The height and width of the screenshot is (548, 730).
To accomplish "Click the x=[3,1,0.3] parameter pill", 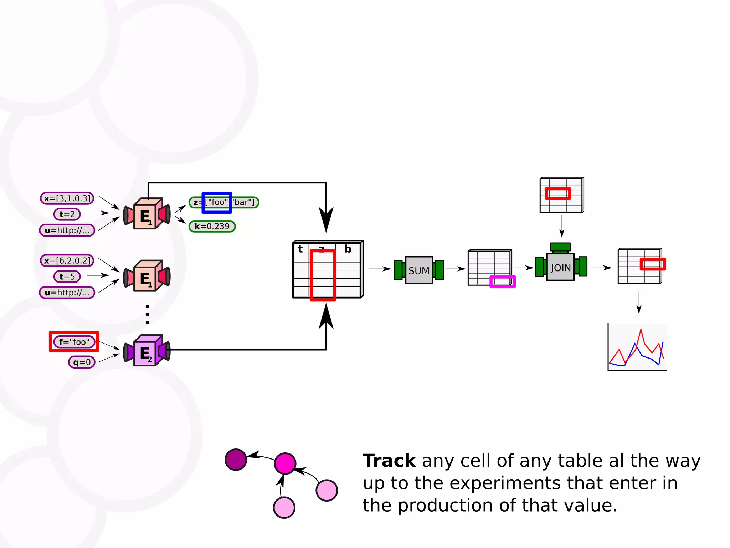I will (x=67, y=198).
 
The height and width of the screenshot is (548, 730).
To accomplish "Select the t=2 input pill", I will (x=67, y=214).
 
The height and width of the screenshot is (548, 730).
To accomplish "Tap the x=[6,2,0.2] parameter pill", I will (x=67, y=260).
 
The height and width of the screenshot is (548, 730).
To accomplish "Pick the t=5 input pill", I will (x=67, y=276).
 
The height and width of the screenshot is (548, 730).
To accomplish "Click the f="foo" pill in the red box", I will (x=74, y=342).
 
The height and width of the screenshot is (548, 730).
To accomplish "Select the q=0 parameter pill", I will (x=82, y=362).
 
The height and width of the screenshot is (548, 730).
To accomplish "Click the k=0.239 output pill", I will (x=212, y=226).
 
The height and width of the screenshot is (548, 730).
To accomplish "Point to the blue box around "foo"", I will (x=217, y=203).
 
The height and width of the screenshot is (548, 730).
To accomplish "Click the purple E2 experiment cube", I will (x=146, y=352).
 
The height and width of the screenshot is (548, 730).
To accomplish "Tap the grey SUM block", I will (x=419, y=270).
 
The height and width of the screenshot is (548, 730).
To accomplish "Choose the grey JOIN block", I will (x=560, y=268).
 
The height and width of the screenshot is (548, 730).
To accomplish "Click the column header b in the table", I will (x=348, y=249).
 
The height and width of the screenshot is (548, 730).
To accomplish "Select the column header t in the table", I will (x=300, y=249).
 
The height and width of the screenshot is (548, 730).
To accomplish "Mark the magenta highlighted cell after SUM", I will (x=503, y=281).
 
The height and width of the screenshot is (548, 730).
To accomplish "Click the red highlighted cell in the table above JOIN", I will (x=558, y=193).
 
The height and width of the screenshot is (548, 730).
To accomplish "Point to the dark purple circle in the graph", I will (x=236, y=460).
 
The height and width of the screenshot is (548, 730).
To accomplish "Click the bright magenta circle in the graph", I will (x=285, y=463).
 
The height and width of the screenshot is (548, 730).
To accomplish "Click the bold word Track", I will (x=389, y=461).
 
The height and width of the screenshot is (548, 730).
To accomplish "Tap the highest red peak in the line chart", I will (x=641, y=330).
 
